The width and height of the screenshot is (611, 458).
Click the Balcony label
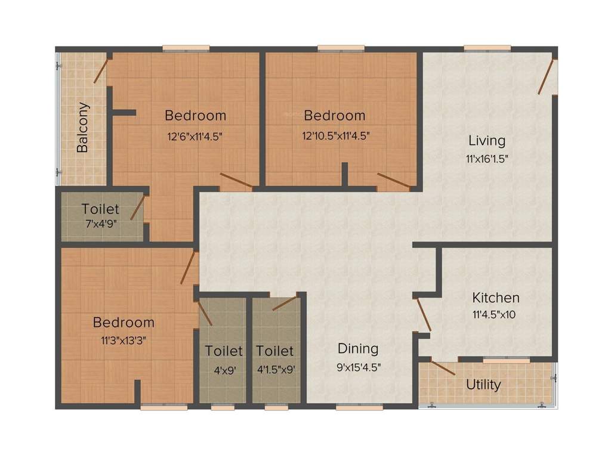82,128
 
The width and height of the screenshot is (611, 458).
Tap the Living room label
486,141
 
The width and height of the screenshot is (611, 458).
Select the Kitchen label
496,297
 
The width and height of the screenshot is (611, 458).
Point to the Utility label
483,385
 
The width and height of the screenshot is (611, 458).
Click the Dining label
358,348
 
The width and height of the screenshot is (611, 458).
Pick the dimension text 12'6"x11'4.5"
195,135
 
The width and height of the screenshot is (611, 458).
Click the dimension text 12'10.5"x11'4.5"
336,135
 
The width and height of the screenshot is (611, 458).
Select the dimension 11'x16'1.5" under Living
487,159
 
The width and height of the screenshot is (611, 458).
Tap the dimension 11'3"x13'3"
124,341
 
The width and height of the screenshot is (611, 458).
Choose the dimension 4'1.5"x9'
275,369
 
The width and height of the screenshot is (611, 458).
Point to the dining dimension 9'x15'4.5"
358,367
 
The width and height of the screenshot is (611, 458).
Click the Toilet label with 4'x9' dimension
224,351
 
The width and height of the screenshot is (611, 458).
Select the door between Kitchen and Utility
442,367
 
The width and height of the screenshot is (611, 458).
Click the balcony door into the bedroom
101,71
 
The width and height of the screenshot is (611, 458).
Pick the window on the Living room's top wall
487,48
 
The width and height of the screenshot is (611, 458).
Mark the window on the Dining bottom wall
359,408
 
